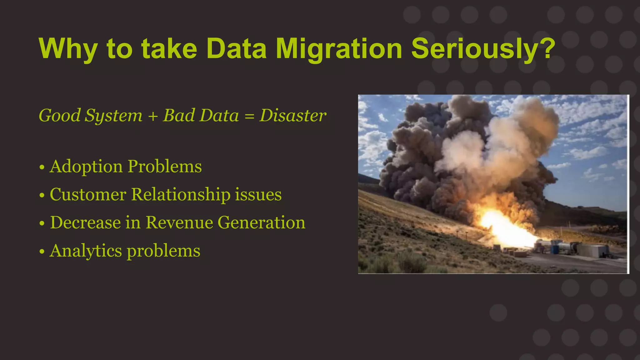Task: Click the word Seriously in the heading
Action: coord(477,49)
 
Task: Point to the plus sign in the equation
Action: coord(153,116)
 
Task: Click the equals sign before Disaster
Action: coord(249,116)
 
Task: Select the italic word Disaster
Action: coord(293,115)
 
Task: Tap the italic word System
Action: coord(114,116)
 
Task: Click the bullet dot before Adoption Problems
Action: coord(42,167)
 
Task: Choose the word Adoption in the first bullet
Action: coord(86,167)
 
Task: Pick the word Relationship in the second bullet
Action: coord(181,194)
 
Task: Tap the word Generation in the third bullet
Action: coord(261,222)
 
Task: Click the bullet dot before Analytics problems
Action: coord(42,252)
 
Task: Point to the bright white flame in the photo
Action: coord(500,227)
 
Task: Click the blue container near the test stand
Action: coord(555,249)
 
